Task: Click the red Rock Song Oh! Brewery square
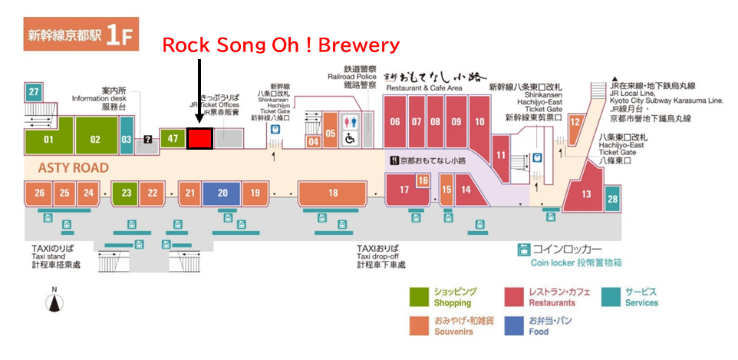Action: point(199,138)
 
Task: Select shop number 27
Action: point(33,93)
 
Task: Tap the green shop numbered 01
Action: point(48,140)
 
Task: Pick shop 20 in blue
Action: point(222,193)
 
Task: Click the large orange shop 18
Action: point(332,193)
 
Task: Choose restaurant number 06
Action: point(395,122)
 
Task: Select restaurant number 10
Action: point(479,122)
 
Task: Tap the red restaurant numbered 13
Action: point(586,193)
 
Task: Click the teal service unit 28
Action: point(611,200)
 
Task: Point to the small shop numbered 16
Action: point(422,180)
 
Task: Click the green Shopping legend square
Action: point(419,297)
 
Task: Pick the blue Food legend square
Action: point(513,325)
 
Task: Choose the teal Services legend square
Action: point(611,297)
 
